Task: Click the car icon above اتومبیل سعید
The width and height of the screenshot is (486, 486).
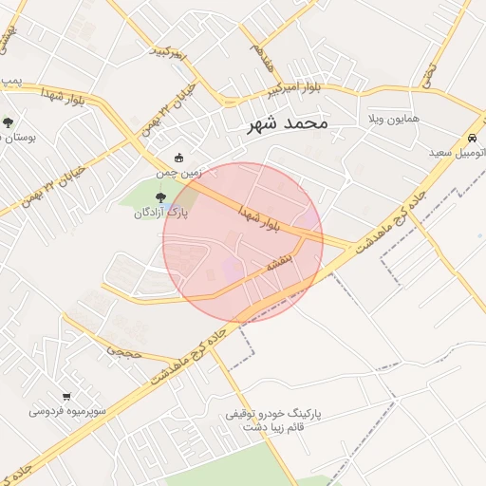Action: (472, 136)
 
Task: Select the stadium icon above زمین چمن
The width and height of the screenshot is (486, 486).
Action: (178, 159)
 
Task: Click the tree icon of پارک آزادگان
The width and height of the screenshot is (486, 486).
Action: (159, 198)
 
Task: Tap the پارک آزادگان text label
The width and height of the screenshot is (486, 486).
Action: (160, 214)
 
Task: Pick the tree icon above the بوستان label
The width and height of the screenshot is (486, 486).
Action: (8, 122)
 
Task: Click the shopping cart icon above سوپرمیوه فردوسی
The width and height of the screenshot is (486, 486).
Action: (66, 396)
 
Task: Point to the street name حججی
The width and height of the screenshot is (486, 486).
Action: (124, 350)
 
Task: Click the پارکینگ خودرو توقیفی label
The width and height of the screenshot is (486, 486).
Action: (276, 415)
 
